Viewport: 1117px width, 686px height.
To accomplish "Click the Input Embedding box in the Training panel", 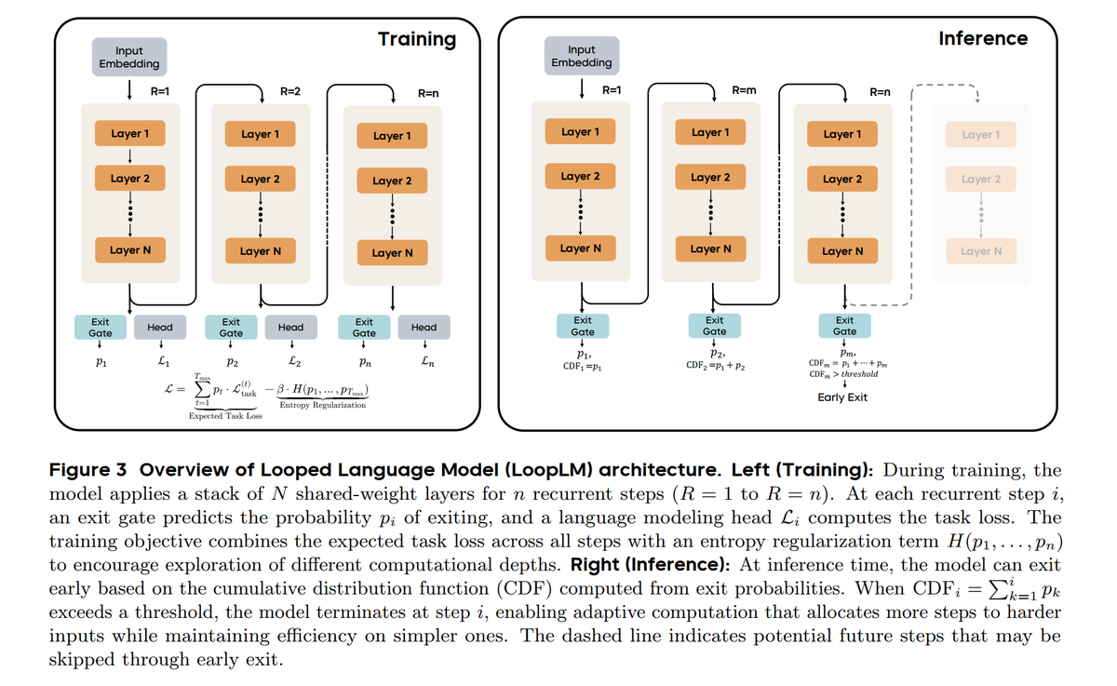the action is pyautogui.click(x=129, y=57).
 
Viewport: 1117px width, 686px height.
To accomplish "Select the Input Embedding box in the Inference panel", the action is pyautogui.click(x=582, y=56).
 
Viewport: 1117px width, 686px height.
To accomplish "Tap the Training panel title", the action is pyautogui.click(x=417, y=39).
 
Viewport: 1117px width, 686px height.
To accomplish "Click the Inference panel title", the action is pyautogui.click(x=983, y=38).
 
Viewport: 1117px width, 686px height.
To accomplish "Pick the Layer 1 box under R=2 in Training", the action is pyautogui.click(x=261, y=134).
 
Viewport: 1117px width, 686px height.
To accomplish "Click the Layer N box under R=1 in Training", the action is pyautogui.click(x=130, y=250).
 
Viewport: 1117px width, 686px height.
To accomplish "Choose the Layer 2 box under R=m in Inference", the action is pyautogui.click(x=710, y=177).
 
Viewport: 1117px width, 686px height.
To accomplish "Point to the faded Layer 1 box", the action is pyautogui.click(x=981, y=135).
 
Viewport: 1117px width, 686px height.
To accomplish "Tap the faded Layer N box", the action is pyautogui.click(x=981, y=251).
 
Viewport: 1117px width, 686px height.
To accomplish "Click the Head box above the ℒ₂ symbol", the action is pyautogui.click(x=290, y=328).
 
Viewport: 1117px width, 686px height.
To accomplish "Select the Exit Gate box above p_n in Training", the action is pyautogui.click(x=364, y=328).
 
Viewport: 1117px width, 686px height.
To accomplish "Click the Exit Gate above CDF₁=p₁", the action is pyautogui.click(x=583, y=326).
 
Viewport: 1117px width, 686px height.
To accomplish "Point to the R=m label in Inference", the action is pyautogui.click(x=744, y=90).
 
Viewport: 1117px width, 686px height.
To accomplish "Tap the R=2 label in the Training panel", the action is pyautogui.click(x=290, y=91).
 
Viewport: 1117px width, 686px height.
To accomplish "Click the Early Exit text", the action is pyautogui.click(x=842, y=397).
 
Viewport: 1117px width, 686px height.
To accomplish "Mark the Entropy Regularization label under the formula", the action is pyautogui.click(x=323, y=405).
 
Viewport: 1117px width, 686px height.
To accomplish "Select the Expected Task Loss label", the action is pyautogui.click(x=225, y=416).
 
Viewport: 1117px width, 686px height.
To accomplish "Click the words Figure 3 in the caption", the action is pyautogui.click(x=87, y=470).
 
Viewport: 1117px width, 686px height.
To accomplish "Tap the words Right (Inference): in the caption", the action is pyautogui.click(x=651, y=565).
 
